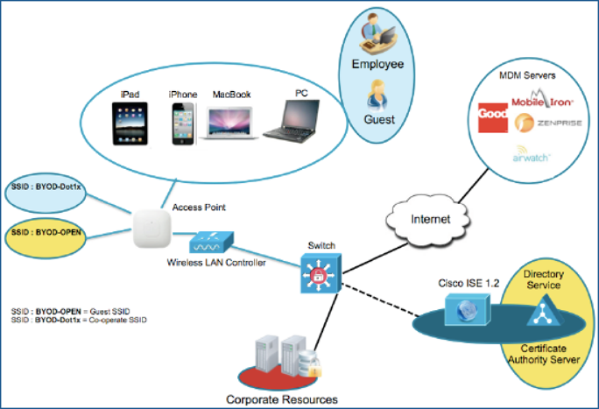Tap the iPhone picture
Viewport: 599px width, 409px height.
tap(183, 120)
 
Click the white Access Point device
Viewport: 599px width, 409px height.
tap(152, 229)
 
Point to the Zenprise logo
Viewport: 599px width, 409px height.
tap(546, 123)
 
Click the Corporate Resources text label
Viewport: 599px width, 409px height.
tap(282, 399)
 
